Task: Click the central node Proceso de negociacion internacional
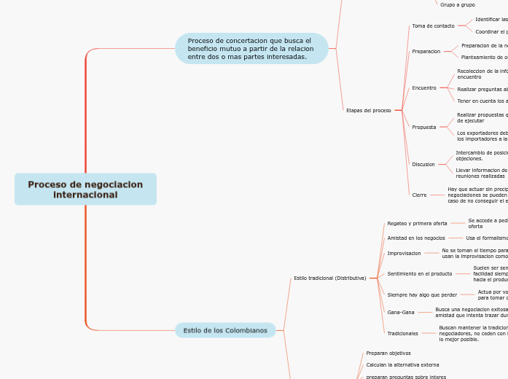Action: (85, 189)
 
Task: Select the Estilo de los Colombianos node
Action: (225, 330)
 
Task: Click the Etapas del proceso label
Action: (368, 110)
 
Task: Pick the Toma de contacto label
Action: (433, 26)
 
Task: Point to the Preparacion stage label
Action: (426, 51)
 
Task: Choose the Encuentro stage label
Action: (424, 87)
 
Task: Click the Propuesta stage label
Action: (424, 127)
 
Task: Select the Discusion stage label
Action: (423, 164)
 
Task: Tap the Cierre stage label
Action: (419, 195)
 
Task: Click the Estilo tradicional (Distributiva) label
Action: (329, 278)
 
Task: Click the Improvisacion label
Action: (404, 253)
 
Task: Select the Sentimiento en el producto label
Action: (419, 273)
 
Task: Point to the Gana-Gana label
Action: (400, 312)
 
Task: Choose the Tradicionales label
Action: (402, 333)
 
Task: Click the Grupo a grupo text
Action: (457, 4)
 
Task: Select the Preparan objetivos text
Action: (388, 353)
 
